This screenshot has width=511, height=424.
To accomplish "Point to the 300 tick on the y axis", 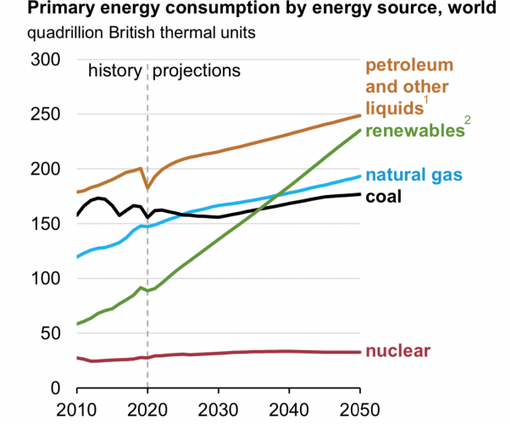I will tap(43, 59).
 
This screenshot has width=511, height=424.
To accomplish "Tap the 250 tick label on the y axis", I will tap(43, 114).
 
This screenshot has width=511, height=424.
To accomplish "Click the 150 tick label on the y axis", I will tap(43, 224).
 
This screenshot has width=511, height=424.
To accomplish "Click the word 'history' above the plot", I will tap(114, 70).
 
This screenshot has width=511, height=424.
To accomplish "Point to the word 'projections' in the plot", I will tap(197, 70).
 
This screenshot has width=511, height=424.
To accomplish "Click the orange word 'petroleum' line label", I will tap(409, 65).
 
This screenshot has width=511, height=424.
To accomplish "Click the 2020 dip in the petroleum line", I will tap(147, 187).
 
